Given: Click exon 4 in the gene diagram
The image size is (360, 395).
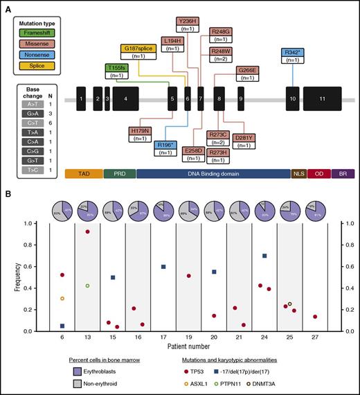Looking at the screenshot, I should click(125, 100).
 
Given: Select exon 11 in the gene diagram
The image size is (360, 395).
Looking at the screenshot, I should click(322, 100).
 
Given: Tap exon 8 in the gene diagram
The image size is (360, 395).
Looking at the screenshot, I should click(219, 100).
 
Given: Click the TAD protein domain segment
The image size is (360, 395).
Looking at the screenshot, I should click(83, 174).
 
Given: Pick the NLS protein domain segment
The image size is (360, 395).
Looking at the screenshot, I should click(298, 174).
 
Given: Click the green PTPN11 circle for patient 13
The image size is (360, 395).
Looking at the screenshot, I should click(87, 286).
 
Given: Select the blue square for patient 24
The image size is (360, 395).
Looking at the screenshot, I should click(264, 256).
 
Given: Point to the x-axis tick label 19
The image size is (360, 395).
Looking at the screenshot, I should click(188, 340).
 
